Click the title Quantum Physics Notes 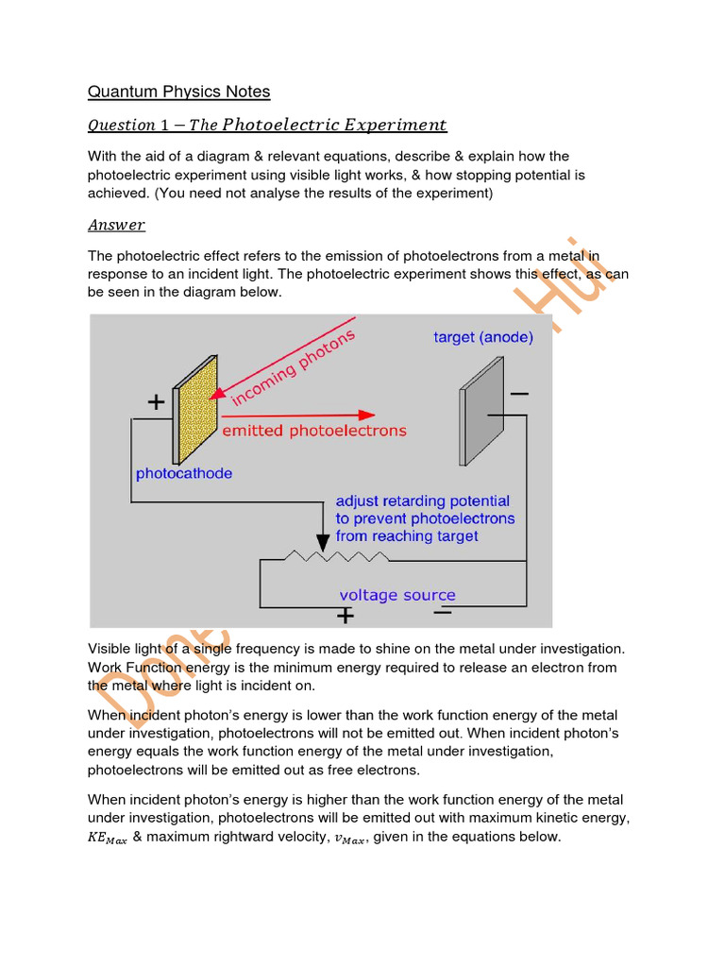point(178,92)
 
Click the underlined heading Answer point(116,225)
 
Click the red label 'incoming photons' point(294,367)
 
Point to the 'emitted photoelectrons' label point(313,431)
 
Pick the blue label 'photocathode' point(184,473)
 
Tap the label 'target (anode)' point(483,337)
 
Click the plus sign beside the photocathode point(156,403)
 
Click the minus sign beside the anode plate point(518,393)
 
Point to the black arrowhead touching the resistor point(323,543)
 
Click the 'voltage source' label point(397,595)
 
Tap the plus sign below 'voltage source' point(346,616)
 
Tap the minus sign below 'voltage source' point(442,612)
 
